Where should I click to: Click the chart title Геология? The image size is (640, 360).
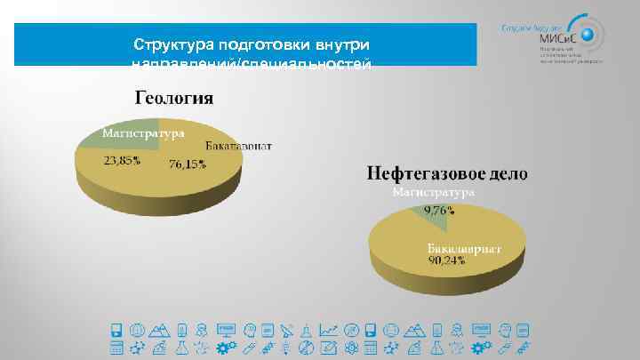(x=173, y=97)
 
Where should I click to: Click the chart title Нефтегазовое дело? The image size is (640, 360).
(x=447, y=172)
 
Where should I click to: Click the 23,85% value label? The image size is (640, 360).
(x=121, y=162)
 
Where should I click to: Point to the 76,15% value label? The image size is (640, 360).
(x=187, y=164)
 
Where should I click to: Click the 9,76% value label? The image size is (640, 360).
(x=438, y=211)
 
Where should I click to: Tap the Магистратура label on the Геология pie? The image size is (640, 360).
(x=143, y=133)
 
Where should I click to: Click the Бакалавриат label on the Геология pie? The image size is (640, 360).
(x=239, y=146)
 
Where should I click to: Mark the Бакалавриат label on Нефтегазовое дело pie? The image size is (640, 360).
(x=463, y=249)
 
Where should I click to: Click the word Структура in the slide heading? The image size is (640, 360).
(x=170, y=44)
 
